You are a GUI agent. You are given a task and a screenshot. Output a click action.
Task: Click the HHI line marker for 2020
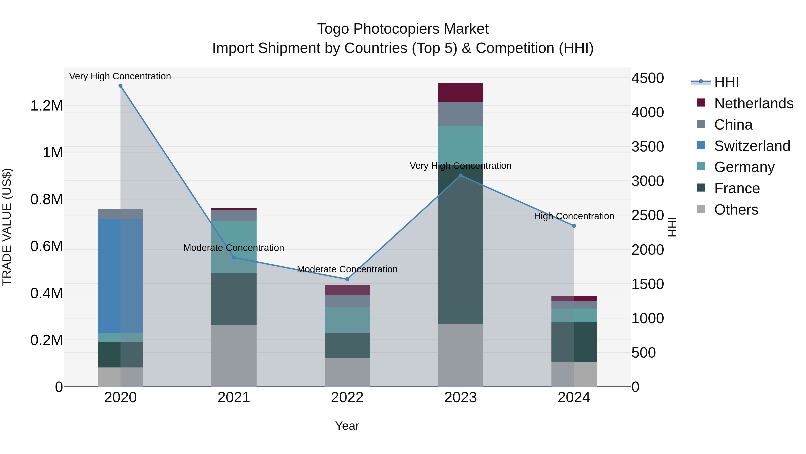120,86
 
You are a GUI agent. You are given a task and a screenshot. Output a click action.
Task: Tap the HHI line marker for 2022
347,279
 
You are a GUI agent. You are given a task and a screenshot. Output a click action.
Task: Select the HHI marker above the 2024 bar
574,226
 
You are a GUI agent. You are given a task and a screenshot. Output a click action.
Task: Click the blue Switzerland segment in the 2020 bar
120,276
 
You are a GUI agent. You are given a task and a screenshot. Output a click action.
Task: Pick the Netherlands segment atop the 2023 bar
460,92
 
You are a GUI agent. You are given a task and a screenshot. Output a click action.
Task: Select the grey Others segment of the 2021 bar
234,355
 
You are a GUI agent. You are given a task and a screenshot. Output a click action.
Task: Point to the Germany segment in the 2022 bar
347,320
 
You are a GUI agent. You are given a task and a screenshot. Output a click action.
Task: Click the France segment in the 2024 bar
574,342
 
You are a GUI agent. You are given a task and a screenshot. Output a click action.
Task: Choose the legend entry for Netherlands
753,103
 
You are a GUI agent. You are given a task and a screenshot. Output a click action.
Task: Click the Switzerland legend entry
752,146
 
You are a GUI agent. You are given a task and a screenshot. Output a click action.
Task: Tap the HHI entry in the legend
727,82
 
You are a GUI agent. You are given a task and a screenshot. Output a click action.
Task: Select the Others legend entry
736,210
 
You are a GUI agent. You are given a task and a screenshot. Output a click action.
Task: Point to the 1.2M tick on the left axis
46,106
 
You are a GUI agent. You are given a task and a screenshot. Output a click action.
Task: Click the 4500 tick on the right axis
647,78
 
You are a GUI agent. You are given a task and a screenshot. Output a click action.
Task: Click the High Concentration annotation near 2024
574,216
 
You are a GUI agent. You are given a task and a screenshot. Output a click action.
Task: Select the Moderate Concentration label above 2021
234,248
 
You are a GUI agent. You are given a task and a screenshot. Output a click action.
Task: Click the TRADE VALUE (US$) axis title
7,227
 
